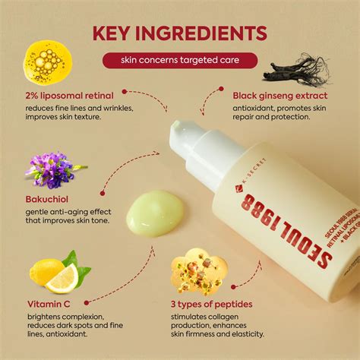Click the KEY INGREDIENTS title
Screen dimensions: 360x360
[x=179, y=33]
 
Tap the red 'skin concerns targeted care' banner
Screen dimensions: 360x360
[x=179, y=60]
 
